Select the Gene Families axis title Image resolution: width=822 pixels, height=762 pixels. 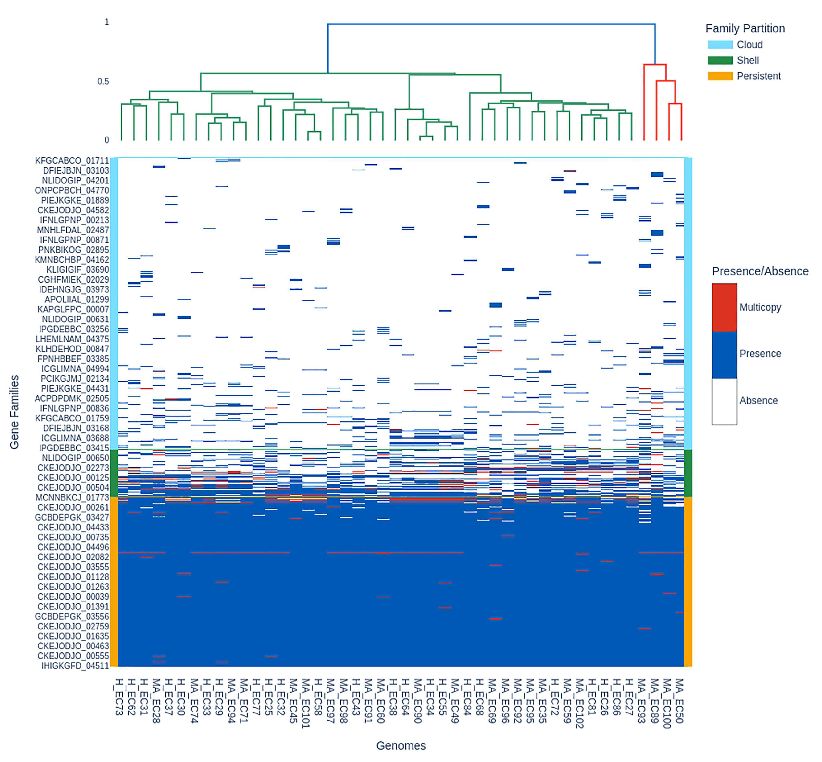14,411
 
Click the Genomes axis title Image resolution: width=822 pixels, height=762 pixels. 401,746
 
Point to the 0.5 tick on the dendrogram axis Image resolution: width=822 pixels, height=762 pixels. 103,81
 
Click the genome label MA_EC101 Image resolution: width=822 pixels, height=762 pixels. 306,703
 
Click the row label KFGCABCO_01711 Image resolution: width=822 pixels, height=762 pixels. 72,160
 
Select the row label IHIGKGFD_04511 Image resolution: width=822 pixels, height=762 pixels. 75,665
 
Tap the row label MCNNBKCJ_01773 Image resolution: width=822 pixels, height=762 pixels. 72,497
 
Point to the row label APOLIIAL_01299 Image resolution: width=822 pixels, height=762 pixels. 77,299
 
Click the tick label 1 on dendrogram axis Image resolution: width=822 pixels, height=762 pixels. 107,22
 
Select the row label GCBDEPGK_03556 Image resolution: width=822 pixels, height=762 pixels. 72,616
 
